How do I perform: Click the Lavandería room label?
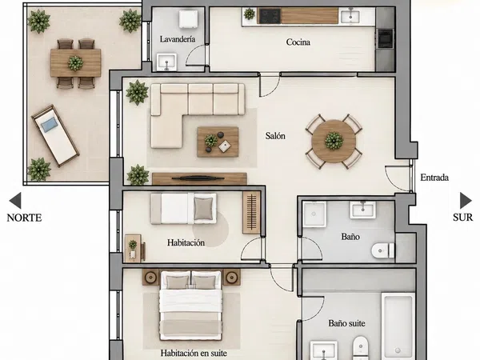[178, 39]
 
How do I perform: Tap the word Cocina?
[298, 42]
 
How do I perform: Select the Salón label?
[275, 136]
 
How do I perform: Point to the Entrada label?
[434, 178]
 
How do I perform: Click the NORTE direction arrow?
[15, 201]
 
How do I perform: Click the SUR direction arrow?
[466, 201]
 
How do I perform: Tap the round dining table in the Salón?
[334, 141]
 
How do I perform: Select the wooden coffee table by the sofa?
[218, 142]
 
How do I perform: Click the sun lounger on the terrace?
[55, 136]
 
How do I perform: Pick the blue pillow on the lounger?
[50, 125]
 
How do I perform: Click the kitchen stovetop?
[270, 16]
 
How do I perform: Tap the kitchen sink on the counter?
[350, 15]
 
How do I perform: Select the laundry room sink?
[166, 62]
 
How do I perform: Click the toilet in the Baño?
[383, 250]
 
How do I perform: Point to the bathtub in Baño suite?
[398, 326]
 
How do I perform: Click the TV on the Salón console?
[198, 178]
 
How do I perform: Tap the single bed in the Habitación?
[184, 209]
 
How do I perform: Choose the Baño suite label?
[347, 323]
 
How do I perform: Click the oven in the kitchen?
[386, 38]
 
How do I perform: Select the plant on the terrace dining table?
[75, 63]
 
